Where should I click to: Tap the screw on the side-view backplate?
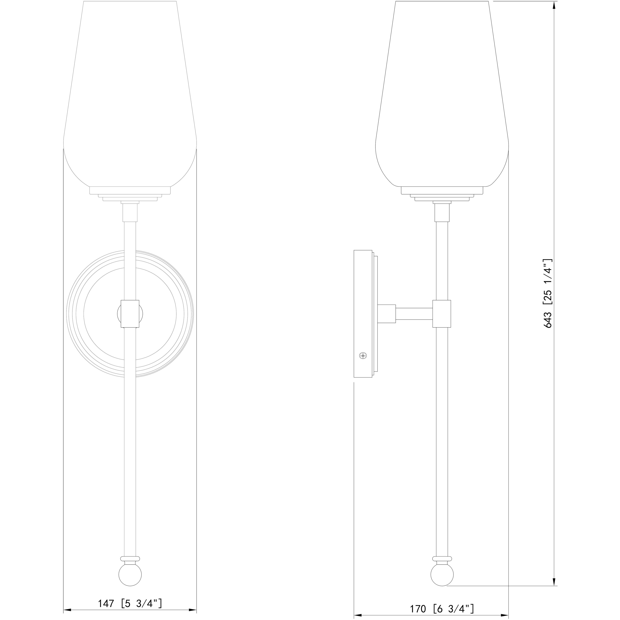point(363,356)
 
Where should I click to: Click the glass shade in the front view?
point(130,96)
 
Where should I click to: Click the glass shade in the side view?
point(442,96)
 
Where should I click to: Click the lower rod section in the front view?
point(130,449)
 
